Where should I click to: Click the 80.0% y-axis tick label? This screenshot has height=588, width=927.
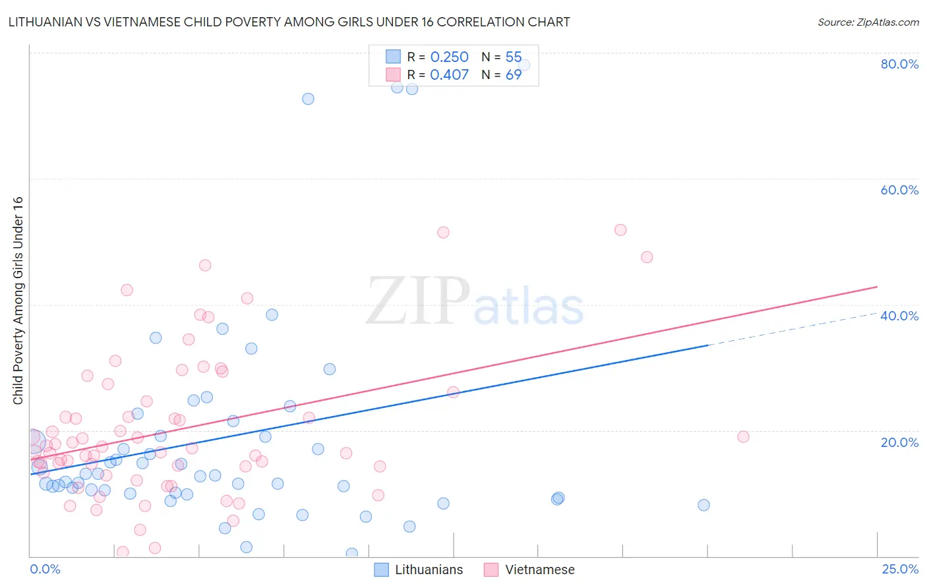899,64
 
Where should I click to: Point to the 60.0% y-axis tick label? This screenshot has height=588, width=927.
899,190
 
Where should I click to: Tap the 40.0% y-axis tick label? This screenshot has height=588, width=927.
899,316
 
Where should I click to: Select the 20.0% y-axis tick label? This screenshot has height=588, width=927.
899,442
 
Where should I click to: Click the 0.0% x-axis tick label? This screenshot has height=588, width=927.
45,569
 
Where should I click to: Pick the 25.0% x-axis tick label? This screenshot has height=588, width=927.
900,569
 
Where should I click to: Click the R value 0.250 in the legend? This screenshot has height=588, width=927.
449,57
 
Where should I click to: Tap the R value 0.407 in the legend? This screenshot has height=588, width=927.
449,75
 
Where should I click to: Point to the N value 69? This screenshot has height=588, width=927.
514,75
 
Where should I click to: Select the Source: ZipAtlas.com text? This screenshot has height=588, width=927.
868,22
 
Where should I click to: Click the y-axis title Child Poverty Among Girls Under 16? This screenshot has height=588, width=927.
18,301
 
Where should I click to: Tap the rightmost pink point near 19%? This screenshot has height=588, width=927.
743,436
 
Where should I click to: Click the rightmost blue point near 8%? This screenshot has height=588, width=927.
703,505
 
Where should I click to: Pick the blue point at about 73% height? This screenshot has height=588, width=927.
308,99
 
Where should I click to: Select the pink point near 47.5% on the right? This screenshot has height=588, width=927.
647,257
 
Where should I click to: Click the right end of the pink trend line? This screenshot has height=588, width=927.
877,287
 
